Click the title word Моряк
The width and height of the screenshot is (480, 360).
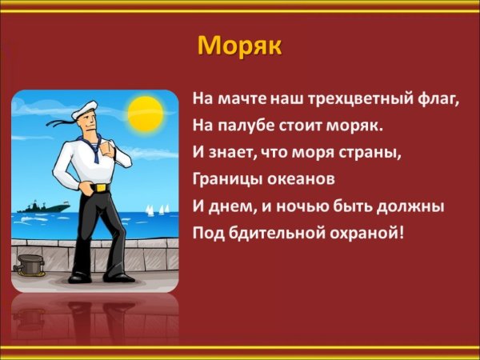[239, 46]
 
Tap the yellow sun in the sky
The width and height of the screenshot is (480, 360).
[146, 109]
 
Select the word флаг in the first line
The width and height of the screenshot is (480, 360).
[442, 102]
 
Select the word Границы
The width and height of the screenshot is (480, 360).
[224, 176]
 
